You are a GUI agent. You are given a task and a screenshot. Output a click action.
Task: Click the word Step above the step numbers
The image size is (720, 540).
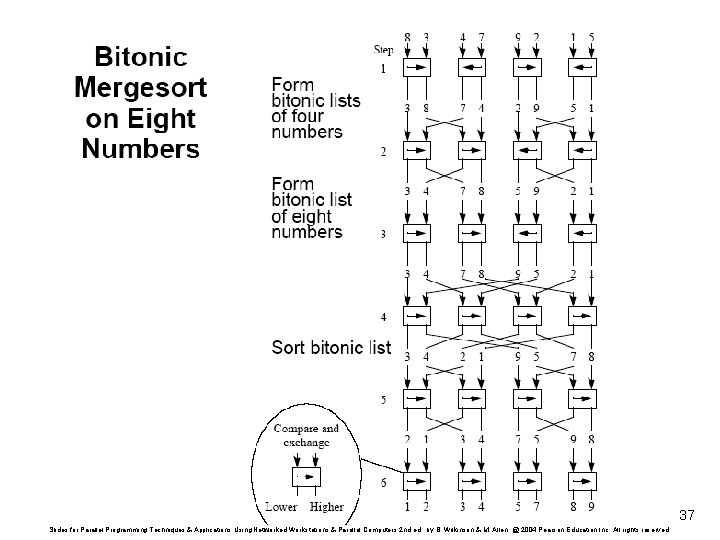(384, 49)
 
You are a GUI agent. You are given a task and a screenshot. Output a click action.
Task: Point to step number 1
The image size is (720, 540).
(382, 69)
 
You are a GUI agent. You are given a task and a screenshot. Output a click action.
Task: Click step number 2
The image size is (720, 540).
(382, 152)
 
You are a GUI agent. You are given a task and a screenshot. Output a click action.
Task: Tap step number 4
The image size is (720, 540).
(382, 318)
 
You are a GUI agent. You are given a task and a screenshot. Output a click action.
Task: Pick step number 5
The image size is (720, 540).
(382, 402)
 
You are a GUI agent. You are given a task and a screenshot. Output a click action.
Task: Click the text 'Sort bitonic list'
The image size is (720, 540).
(331, 348)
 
